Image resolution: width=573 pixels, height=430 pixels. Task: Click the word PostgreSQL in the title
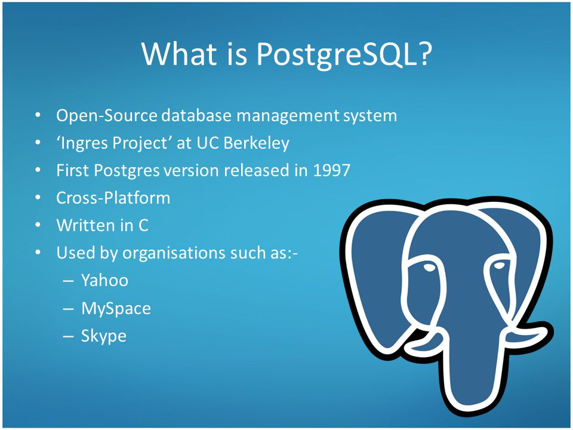click(x=344, y=55)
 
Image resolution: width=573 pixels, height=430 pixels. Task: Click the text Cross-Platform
click(x=113, y=198)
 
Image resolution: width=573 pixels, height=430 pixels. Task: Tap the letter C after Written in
click(x=143, y=225)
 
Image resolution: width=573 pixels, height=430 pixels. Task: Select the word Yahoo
click(x=104, y=280)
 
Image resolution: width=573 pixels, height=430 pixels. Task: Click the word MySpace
click(x=116, y=308)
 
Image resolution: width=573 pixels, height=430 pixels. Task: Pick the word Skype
click(x=104, y=336)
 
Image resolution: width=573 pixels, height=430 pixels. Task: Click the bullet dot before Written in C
click(x=38, y=225)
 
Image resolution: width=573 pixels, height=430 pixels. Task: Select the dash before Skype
click(x=68, y=336)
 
